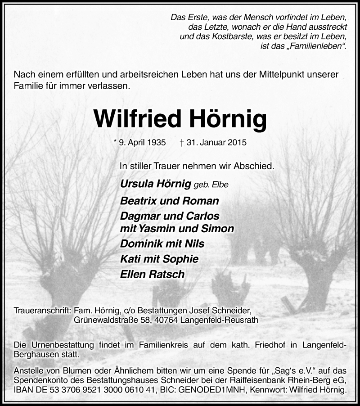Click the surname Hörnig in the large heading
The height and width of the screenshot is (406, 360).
(x=225, y=119)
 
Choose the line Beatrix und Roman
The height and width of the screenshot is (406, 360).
(x=170, y=201)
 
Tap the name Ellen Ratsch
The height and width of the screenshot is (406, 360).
(x=153, y=274)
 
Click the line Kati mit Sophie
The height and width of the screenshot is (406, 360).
(x=153, y=259)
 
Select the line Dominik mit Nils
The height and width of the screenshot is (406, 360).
(x=162, y=244)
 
